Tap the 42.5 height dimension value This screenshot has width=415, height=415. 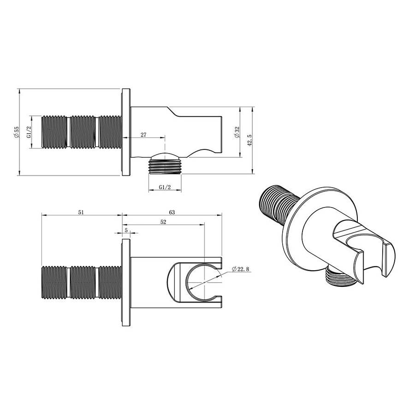pyautogui.click(x=249, y=140)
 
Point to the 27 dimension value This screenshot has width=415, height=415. pyautogui.click(x=143, y=135)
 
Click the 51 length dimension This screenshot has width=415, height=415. pyautogui.click(x=81, y=212)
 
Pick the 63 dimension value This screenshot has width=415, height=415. pyautogui.click(x=172, y=212)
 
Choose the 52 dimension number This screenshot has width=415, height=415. pyautogui.click(x=163, y=222)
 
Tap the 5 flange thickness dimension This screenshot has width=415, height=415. pyautogui.click(x=126, y=230)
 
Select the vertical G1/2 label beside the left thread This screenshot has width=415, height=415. pyautogui.click(x=29, y=132)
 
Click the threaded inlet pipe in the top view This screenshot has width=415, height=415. pyautogui.click(x=81, y=132)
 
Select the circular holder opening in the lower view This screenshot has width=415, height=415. pyautogui.click(x=201, y=282)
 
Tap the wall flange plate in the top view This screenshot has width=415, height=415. pyautogui.click(x=125, y=132)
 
